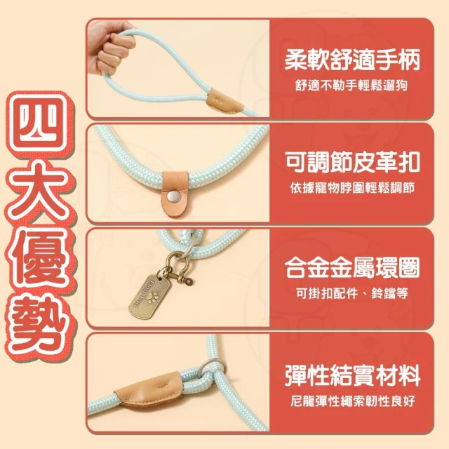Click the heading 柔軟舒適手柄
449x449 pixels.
coord(352,59)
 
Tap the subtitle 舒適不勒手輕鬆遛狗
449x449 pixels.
coord(351,85)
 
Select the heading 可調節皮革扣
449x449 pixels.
coord(352,162)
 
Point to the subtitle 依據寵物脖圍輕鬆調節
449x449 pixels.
coord(352,188)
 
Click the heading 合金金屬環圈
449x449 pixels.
coord(352,267)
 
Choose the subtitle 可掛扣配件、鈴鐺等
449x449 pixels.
coord(352,293)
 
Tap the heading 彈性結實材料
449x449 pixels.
coord(352,375)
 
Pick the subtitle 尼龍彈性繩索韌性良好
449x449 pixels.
coord(352,401)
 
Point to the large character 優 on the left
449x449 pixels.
coord(39,258)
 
